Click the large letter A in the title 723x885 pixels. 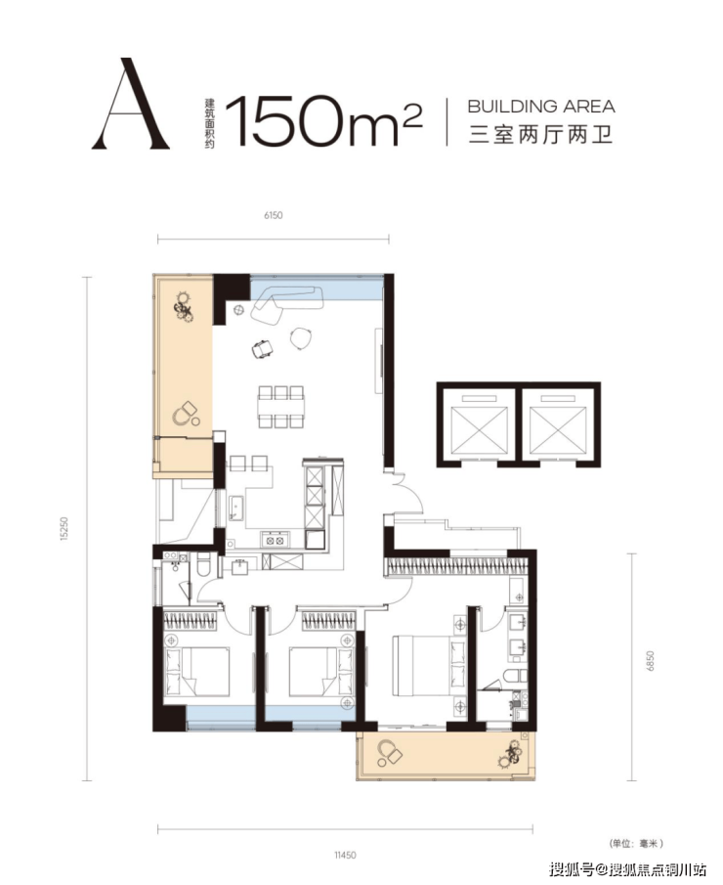click(131, 104)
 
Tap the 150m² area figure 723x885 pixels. click(323, 120)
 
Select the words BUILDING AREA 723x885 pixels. click(541, 107)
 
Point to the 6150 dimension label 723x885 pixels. click(273, 215)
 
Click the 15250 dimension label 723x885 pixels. click(64, 529)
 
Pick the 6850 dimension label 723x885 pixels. click(651, 661)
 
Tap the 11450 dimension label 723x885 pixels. click(345, 855)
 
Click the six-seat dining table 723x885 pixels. click(280, 407)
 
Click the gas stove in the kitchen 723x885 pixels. click(275, 540)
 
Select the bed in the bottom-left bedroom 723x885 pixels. click(196, 671)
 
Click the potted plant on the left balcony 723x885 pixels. click(184, 306)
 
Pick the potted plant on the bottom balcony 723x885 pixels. click(511, 754)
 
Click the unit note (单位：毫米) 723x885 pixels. click(636, 843)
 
